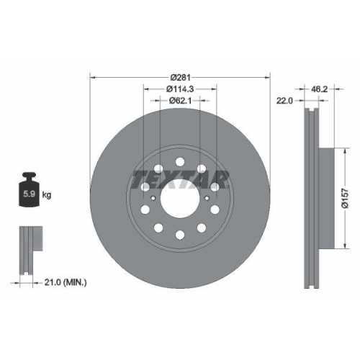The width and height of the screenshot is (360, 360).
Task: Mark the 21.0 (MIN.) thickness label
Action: tap(64, 283)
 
